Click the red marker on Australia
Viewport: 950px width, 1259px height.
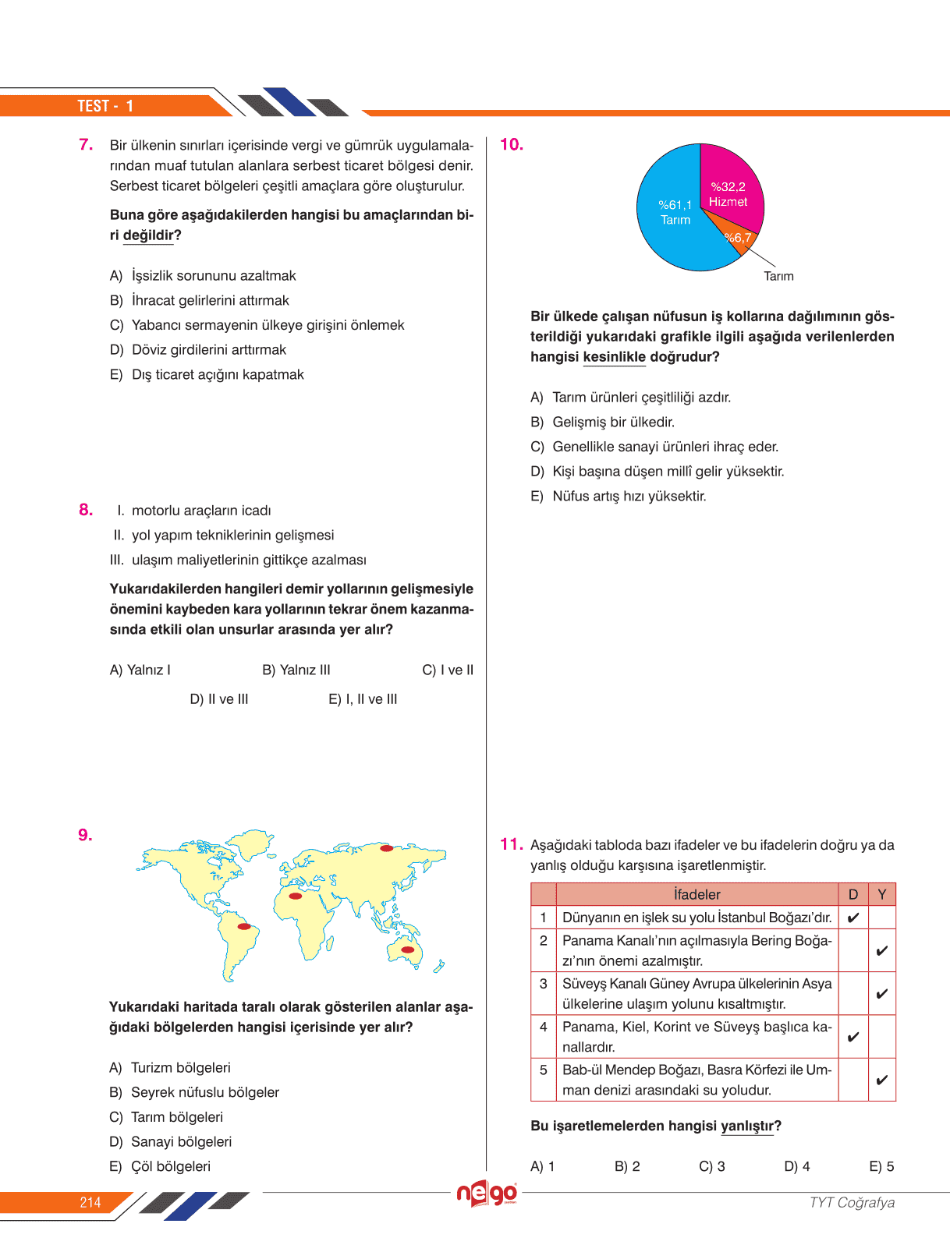(x=407, y=950)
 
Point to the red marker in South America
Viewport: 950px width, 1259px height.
(x=244, y=927)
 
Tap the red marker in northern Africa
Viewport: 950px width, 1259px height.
(x=295, y=897)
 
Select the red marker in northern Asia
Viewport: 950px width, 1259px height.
(x=386, y=848)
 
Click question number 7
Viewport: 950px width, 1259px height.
(x=86, y=144)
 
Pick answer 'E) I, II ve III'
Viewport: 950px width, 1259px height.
(x=363, y=699)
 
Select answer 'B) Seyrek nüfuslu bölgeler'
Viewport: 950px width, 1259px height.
(x=194, y=1092)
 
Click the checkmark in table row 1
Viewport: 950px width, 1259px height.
(x=853, y=918)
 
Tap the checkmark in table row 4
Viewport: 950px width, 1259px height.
(x=853, y=1037)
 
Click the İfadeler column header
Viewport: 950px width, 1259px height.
(x=697, y=894)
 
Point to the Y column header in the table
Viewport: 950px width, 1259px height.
(x=881, y=894)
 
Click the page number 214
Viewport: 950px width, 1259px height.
(x=90, y=1202)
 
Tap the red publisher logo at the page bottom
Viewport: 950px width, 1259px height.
(x=487, y=1194)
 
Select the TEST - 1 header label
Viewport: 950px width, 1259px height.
(x=105, y=106)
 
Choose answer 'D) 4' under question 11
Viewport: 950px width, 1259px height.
(x=796, y=1166)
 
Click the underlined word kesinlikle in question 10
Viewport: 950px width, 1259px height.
(x=614, y=357)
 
